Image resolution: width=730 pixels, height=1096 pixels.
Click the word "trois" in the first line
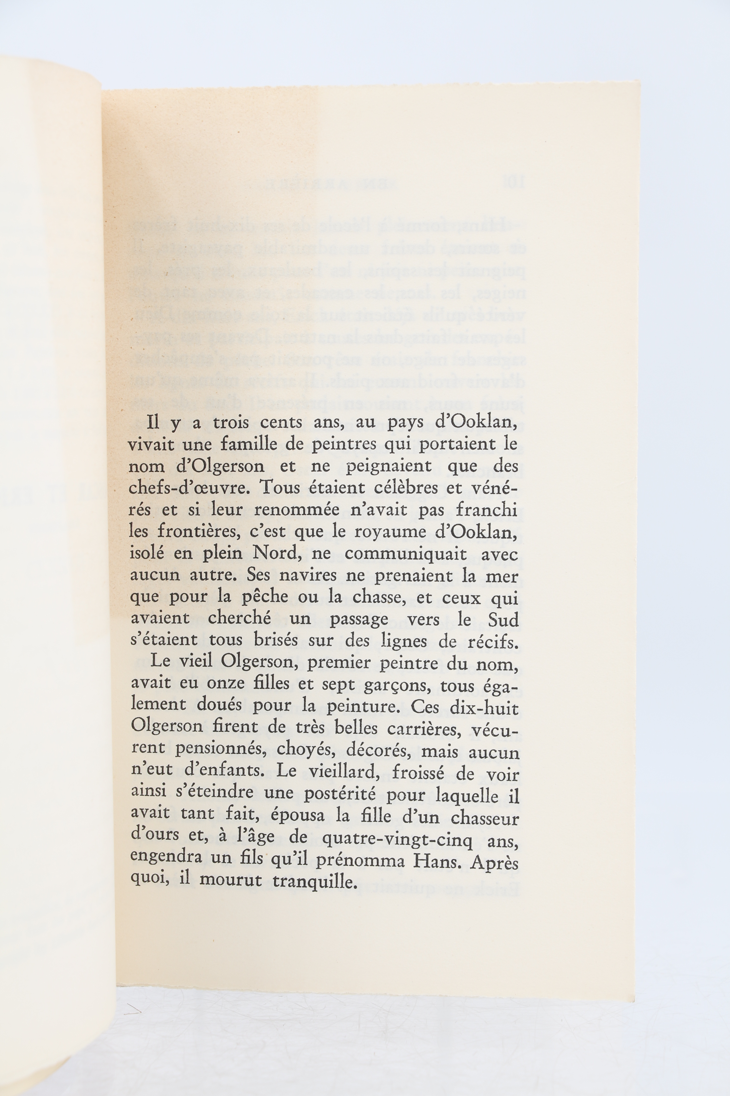coord(230,423)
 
